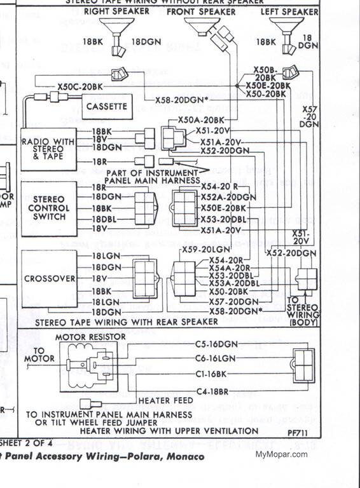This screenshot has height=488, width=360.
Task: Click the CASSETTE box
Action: (107, 106)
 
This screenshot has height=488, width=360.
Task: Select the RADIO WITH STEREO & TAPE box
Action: (48, 148)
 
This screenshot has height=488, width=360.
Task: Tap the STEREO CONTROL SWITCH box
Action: (48, 208)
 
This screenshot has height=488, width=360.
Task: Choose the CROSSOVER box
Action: (49, 278)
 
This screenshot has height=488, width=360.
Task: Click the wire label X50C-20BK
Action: (79, 86)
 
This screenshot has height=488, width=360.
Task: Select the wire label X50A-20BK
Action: (202, 119)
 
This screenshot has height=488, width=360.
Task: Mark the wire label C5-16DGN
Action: (216, 344)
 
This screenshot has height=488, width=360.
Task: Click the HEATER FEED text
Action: (161, 400)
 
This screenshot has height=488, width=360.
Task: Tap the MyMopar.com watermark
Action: (281, 454)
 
